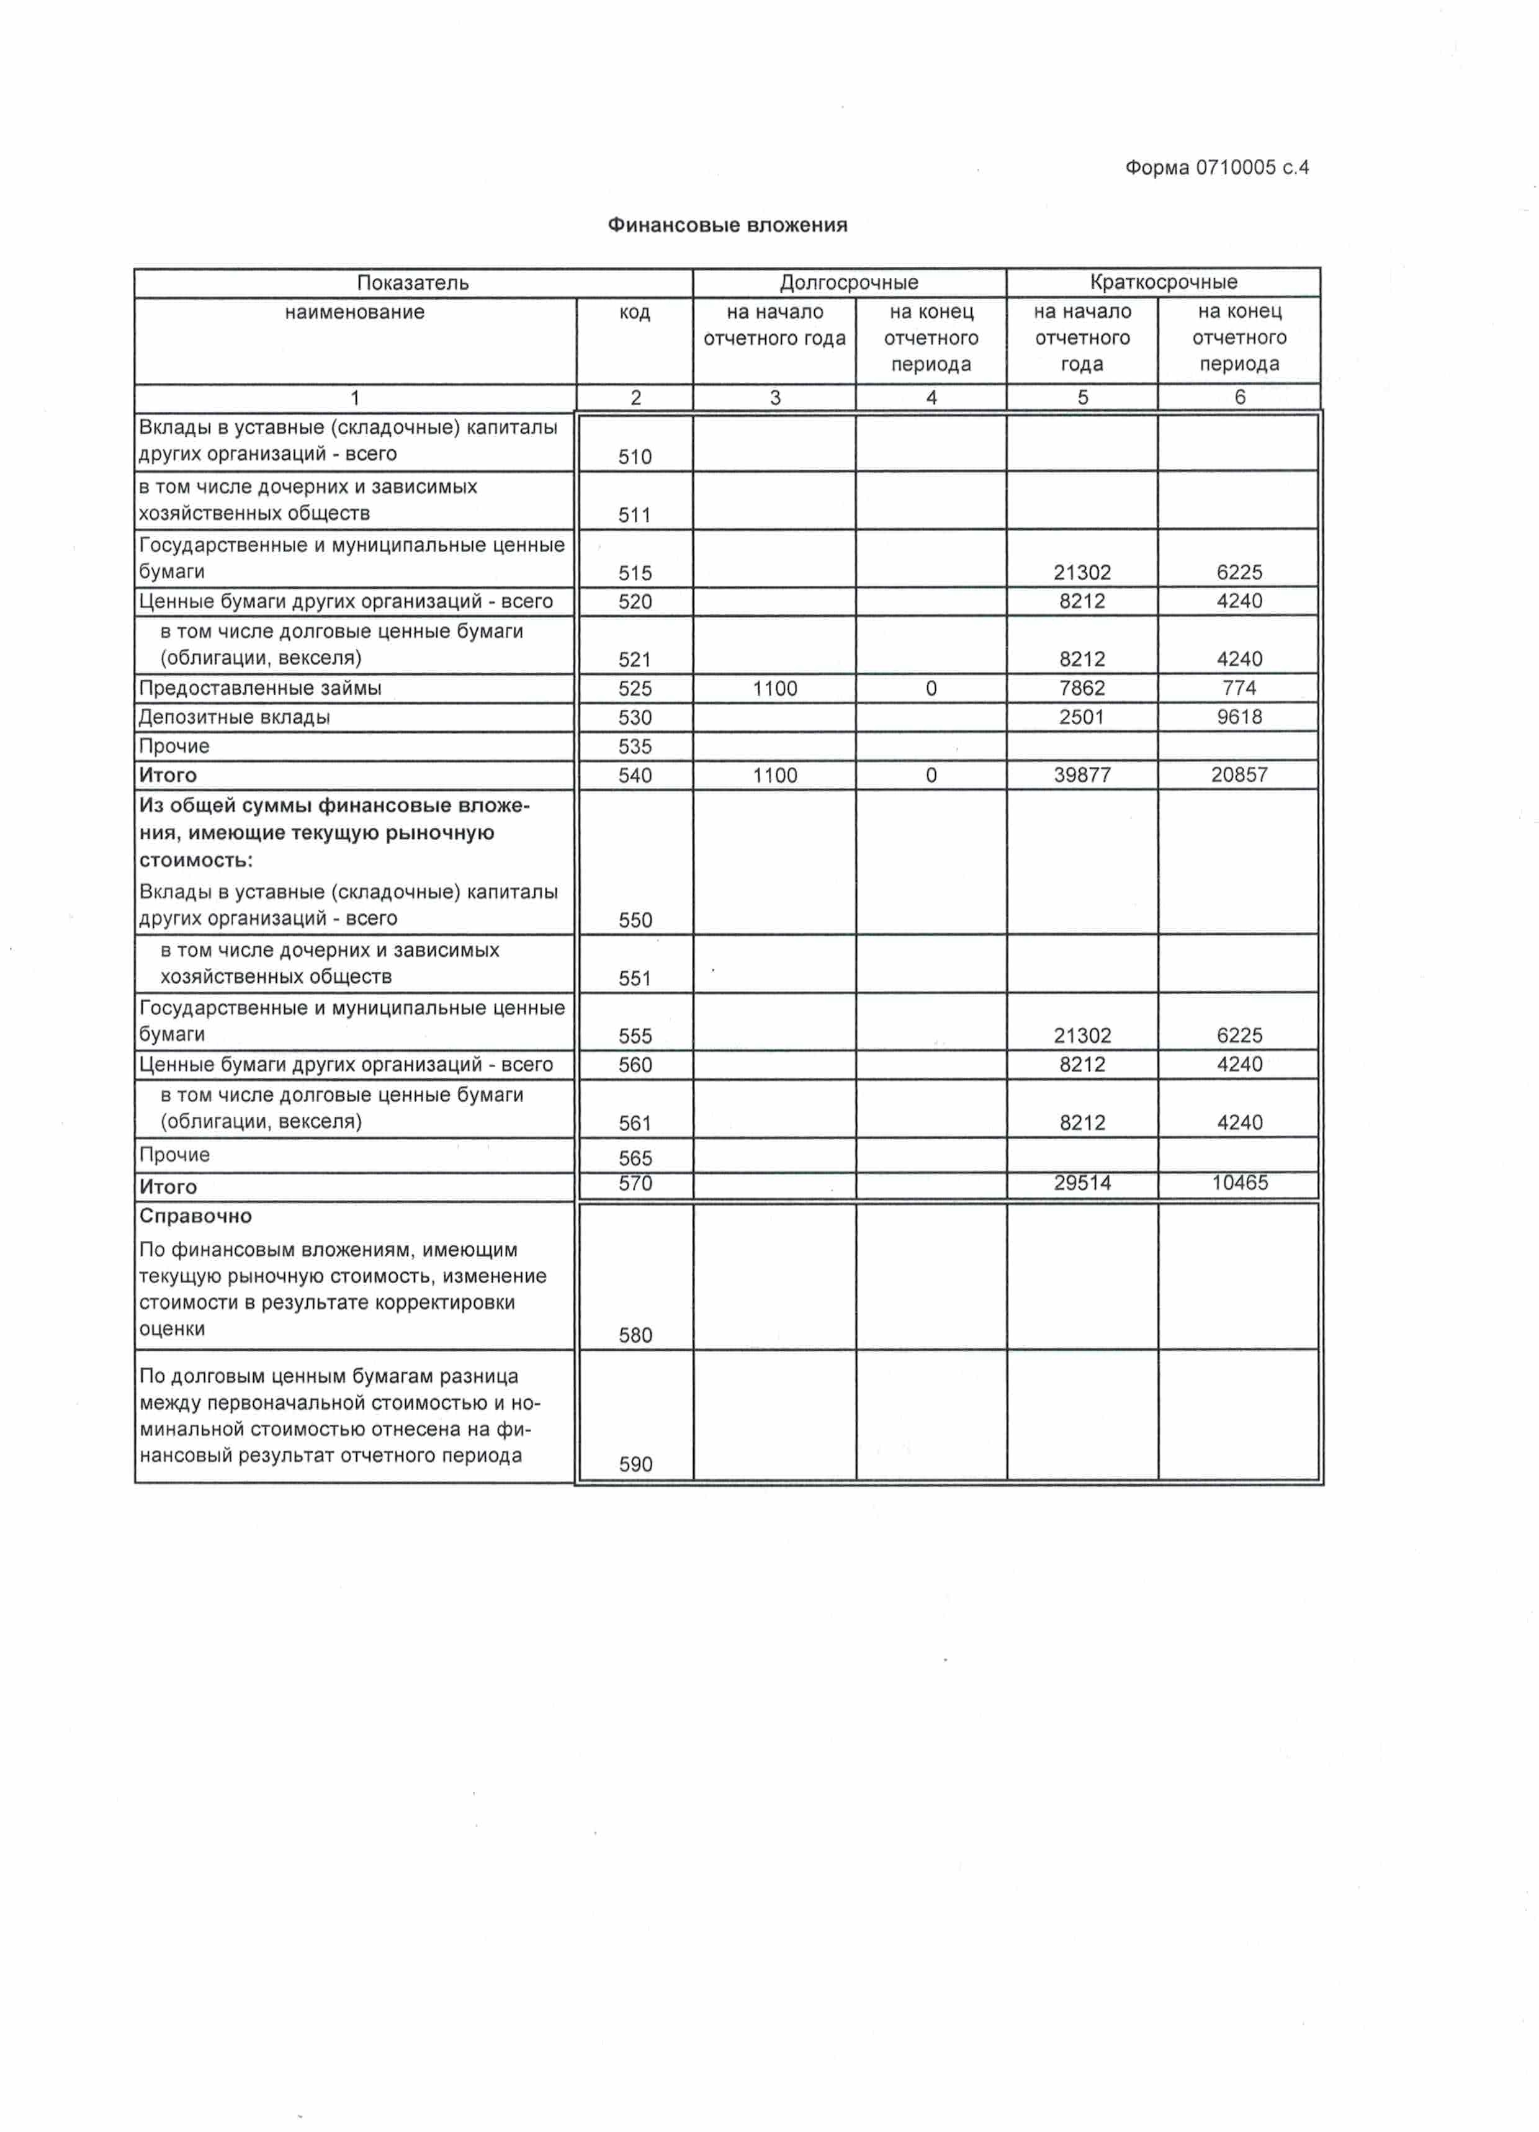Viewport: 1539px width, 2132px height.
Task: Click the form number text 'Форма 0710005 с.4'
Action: tap(1216, 168)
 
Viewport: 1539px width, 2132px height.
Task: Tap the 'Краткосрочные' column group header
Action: tap(1163, 282)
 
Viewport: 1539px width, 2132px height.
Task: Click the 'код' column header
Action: tap(635, 312)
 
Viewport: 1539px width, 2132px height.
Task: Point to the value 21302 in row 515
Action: tap(1082, 573)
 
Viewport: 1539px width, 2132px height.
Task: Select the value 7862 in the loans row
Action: tap(1082, 688)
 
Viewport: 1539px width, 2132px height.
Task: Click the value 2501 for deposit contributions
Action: tap(1082, 717)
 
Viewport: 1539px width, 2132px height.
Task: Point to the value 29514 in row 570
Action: tap(1082, 1183)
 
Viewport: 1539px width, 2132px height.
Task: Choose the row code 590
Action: tap(635, 1464)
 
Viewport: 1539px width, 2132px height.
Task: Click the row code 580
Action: tap(635, 1335)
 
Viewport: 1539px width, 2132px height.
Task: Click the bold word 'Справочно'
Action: tap(195, 1216)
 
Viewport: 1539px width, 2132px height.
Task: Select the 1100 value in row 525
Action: tap(774, 689)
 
